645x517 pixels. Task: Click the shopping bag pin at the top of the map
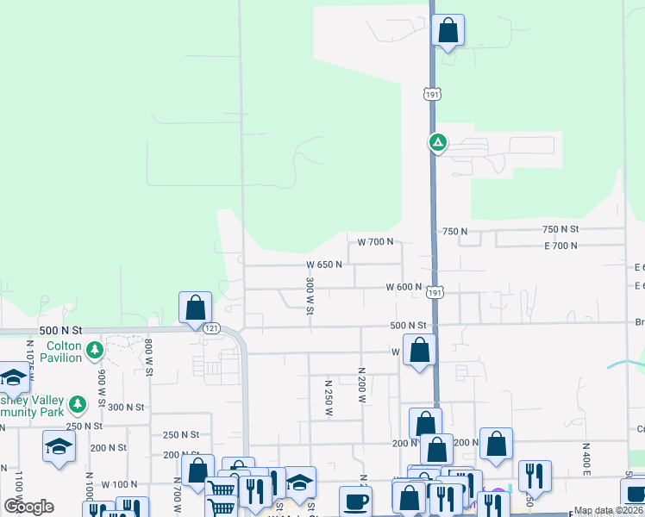448,31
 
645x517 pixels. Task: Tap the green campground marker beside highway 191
438,142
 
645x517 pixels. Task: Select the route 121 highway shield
211,328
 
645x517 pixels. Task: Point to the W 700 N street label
375,241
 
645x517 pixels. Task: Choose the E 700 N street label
560,246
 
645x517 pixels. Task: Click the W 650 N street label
324,265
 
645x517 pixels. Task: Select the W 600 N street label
404,287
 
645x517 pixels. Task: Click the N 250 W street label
328,396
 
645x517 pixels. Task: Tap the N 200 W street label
362,385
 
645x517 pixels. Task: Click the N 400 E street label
586,461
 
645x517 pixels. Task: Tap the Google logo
30,507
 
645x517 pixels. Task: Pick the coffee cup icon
354,501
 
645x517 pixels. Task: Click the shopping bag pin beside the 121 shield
196,308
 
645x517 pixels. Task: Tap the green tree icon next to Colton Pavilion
95,351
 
